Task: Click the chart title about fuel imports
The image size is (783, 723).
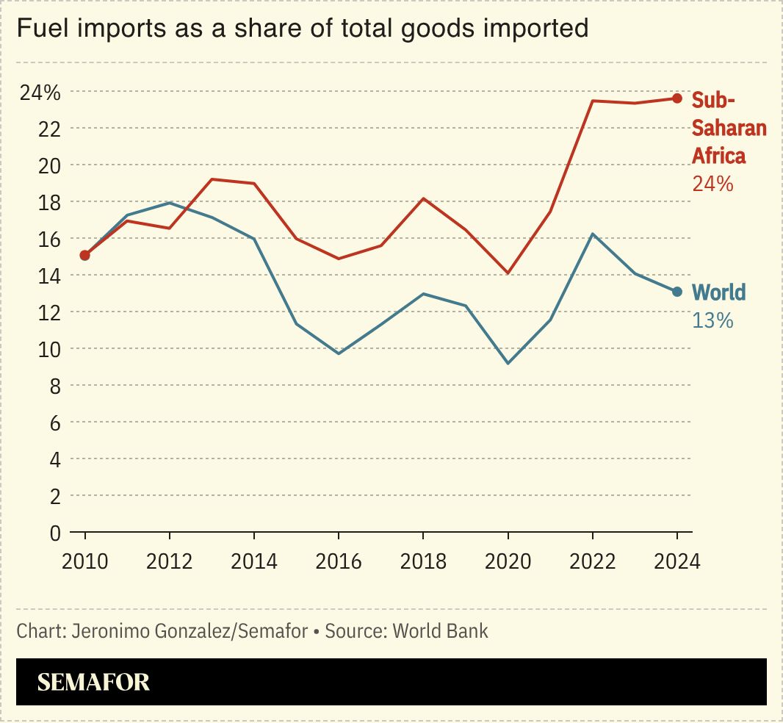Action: [302, 29]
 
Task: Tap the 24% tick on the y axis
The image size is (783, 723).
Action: [40, 93]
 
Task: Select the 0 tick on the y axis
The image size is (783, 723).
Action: [54, 533]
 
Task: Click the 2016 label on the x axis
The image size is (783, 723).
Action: [339, 561]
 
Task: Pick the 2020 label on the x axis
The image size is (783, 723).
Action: [508, 561]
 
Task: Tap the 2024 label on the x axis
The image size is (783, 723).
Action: [677, 561]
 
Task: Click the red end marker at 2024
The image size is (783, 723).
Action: [677, 98]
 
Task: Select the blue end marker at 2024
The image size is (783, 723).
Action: [677, 292]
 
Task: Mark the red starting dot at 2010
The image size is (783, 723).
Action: [85, 255]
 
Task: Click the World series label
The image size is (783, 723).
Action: [718, 292]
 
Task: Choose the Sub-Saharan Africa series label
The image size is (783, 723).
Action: [728, 128]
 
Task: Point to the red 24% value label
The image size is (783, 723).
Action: [712, 184]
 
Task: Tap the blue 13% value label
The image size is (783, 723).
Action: [712, 320]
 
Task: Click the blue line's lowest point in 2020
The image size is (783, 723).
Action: [508, 363]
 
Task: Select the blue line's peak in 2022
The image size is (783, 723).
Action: [593, 234]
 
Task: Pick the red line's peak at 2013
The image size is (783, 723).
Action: [212, 179]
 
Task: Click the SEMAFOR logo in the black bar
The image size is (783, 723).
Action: [93, 682]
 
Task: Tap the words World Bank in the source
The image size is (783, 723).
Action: [440, 631]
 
